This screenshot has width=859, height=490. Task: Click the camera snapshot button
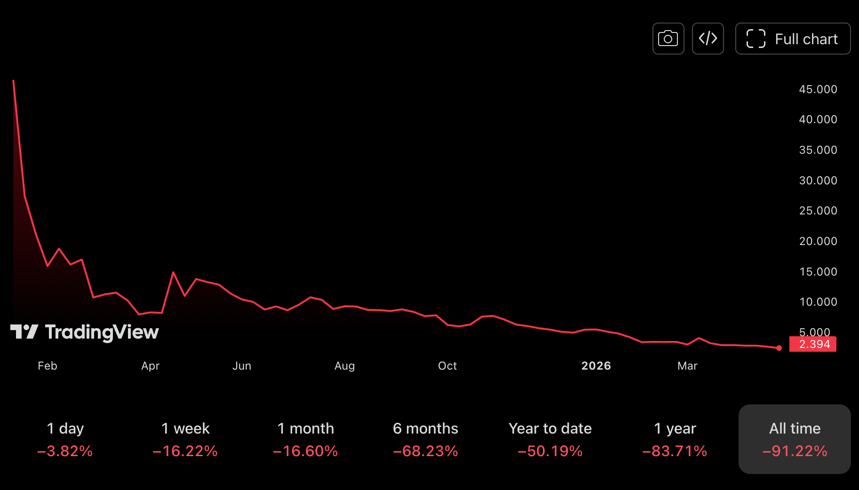(668, 39)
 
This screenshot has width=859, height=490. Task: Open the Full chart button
(793, 39)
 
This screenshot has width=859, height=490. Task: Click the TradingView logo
(85, 332)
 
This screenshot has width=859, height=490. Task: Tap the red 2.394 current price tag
(813, 344)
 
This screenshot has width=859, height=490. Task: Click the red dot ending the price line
(779, 348)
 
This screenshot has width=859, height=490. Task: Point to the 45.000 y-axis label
(818, 89)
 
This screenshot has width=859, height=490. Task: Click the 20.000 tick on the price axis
(818, 241)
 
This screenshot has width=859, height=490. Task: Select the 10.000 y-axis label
(818, 302)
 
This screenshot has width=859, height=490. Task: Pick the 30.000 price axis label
(818, 181)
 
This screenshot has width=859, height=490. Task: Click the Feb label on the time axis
(48, 366)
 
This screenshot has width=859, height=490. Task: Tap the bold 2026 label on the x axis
(596, 366)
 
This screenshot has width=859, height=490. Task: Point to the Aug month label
(344, 366)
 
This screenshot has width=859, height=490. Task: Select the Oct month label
(447, 366)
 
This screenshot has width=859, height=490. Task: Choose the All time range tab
(795, 439)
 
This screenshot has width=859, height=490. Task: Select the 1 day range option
(65, 439)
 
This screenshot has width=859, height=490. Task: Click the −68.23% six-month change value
(425, 451)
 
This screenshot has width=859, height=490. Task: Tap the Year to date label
(550, 428)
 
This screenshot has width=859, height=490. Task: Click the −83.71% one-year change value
(675, 451)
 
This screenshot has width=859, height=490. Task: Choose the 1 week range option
(185, 439)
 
